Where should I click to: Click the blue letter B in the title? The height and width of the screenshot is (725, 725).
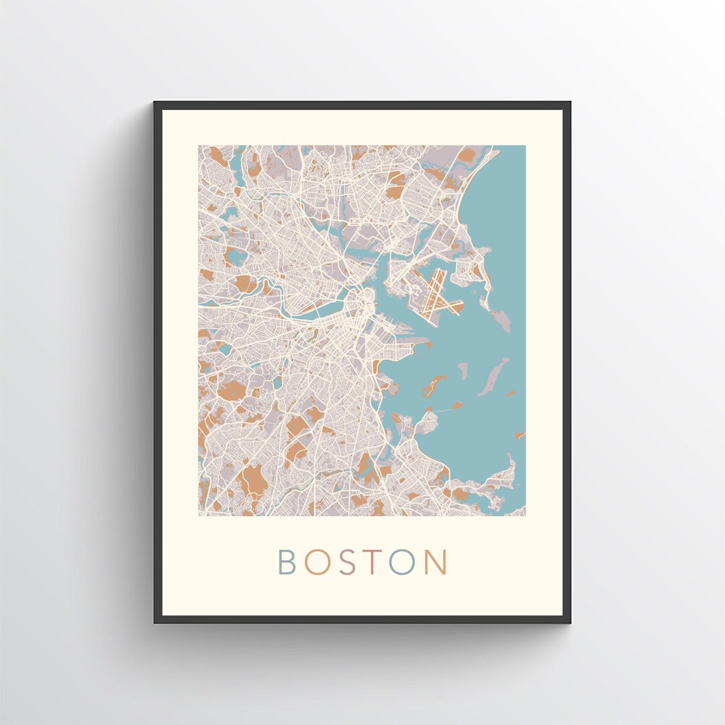tap(287, 563)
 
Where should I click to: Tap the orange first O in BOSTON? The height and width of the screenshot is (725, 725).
tap(316, 563)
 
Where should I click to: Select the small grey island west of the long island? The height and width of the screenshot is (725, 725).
tap(463, 369)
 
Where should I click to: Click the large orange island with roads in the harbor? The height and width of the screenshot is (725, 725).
tap(434, 385)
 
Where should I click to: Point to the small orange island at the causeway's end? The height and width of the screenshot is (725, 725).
tap(457, 405)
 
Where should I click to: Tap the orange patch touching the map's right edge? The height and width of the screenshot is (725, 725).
tap(520, 436)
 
